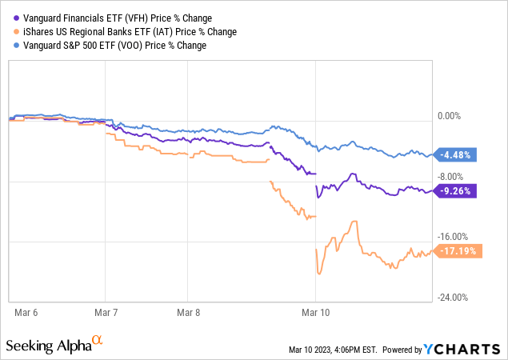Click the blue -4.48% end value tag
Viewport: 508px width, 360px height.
point(458,155)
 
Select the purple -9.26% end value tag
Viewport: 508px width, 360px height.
point(458,191)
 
